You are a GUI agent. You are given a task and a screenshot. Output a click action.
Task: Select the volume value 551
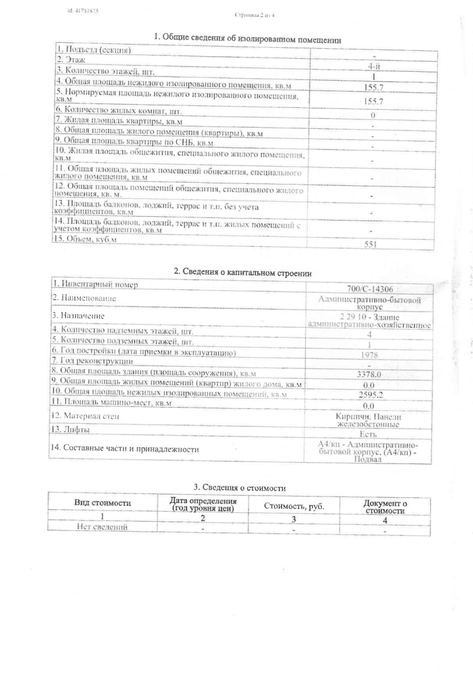click(371, 245)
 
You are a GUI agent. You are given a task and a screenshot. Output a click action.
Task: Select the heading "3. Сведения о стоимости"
click(241, 488)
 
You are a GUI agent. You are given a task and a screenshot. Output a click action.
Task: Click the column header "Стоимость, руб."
click(294, 506)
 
